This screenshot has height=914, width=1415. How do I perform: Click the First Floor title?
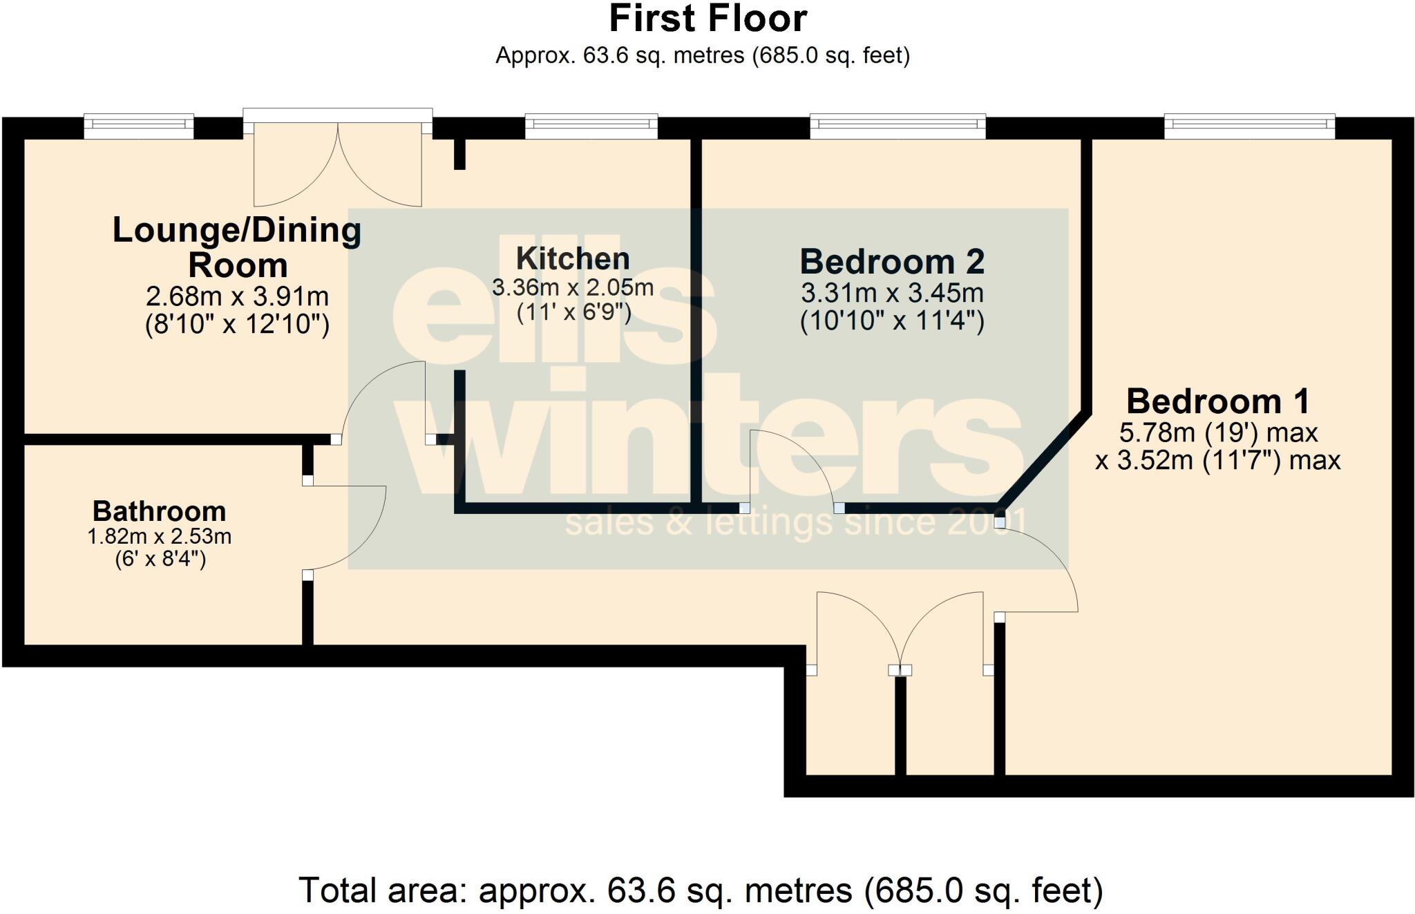[707, 19]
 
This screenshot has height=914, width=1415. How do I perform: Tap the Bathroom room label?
[160, 512]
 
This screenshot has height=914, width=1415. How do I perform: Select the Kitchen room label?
[573, 259]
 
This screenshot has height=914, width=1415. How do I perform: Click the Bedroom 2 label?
[892, 262]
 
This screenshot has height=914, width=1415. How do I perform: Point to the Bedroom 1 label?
[1217, 401]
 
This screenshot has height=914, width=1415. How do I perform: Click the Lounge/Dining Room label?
[237, 247]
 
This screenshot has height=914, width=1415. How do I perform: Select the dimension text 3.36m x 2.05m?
[573, 287]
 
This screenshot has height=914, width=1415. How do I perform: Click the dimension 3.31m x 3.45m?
[892, 294]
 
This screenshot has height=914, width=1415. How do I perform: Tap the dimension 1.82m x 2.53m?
[160, 537]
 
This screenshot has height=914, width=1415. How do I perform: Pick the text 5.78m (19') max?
[1218, 433]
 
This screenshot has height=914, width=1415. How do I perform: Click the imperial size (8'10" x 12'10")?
[237, 324]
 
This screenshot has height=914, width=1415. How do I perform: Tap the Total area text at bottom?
[701, 891]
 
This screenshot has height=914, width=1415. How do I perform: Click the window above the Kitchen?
[591, 125]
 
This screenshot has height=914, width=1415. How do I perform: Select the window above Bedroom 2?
[898, 125]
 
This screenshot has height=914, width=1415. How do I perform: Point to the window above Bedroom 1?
[1249, 125]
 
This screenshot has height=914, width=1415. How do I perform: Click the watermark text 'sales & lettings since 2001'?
[795, 523]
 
